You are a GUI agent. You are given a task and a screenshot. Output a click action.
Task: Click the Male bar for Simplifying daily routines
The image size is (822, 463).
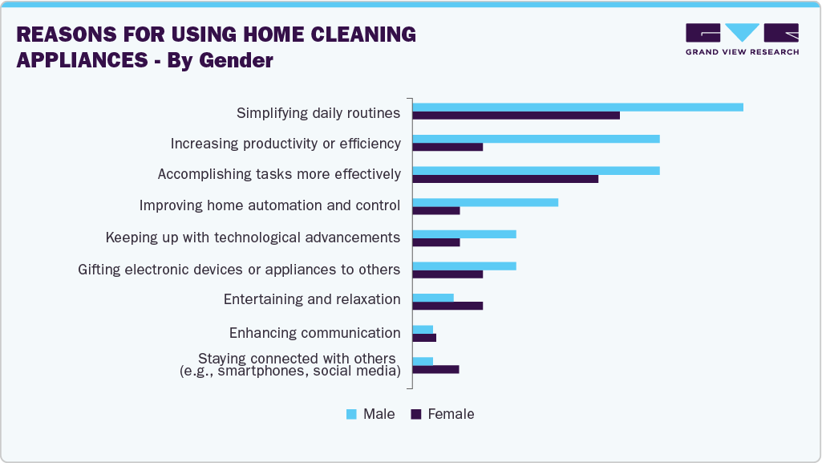tap(577, 108)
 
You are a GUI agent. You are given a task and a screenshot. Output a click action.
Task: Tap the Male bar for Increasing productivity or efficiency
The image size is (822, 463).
tap(536, 139)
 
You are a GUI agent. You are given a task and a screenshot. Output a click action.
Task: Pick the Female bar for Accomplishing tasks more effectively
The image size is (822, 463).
tap(505, 179)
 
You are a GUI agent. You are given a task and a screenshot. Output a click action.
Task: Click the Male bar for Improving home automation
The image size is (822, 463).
tap(485, 202)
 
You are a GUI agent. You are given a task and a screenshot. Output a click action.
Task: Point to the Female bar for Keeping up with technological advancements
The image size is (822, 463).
tap(436, 242)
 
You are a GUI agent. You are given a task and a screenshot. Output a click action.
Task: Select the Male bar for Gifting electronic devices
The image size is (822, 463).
tap(464, 266)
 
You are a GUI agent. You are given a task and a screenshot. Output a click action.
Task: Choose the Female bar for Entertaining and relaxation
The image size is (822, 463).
tap(447, 306)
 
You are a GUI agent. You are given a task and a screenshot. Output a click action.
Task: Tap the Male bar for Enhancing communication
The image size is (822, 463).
tap(423, 329)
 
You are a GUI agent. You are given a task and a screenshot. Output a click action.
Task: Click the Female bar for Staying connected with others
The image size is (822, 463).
tap(435, 370)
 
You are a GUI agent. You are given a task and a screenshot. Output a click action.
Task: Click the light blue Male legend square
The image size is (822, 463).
tap(351, 414)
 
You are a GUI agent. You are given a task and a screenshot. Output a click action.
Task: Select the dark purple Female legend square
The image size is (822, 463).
tap(415, 414)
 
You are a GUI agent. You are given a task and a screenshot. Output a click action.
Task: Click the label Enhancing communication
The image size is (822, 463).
tap(314, 333)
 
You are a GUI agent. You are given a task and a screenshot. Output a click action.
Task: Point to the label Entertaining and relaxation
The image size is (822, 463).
tap(312, 299)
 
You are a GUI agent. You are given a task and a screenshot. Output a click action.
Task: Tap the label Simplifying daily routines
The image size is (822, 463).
tap(318, 113)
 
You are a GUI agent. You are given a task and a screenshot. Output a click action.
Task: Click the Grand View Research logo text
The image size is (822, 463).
tap(742, 52)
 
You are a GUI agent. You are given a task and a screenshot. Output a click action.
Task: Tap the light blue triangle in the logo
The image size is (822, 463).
tap(743, 32)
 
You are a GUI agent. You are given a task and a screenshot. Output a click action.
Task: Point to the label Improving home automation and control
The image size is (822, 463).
tap(269, 205)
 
